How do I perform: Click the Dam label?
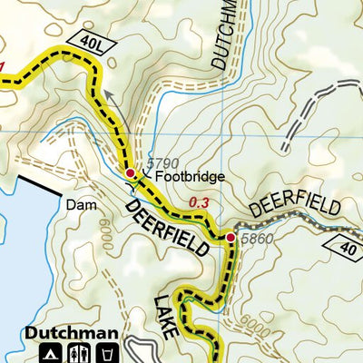tap(80, 205)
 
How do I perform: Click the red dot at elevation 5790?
tap(130, 172)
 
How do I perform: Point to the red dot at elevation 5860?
tap(231, 238)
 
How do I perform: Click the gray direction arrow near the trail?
tap(104, 93)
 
